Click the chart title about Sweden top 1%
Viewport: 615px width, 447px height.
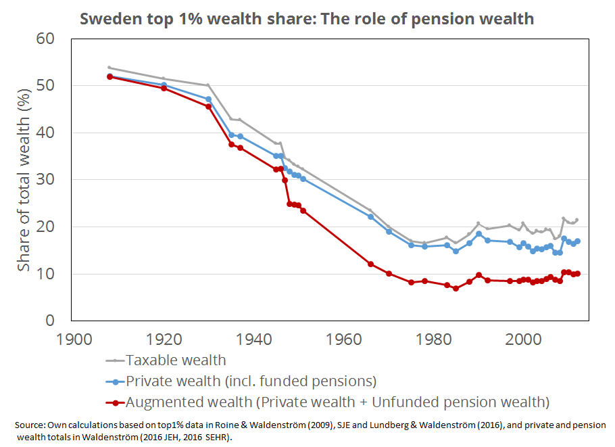(307, 18)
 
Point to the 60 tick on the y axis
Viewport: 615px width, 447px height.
(45, 39)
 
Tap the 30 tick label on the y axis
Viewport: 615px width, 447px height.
(45, 180)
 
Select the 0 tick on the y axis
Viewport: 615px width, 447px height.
(50, 321)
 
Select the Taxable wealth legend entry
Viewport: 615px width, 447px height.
(166, 360)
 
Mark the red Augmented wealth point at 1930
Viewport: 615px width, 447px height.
(208, 106)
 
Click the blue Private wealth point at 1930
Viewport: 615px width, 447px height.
(208, 99)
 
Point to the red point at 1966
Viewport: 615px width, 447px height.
(370, 264)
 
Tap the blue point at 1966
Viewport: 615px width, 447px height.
(370, 216)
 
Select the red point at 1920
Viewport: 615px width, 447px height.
(164, 88)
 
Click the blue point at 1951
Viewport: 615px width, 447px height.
(303, 179)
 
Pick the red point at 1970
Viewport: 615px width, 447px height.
(389, 273)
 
